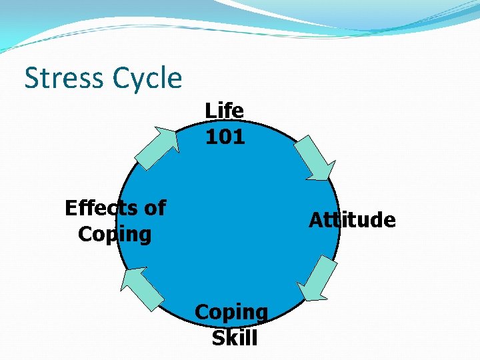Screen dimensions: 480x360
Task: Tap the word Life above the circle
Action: click(x=224, y=110)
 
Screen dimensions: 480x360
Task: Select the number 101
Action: click(x=225, y=137)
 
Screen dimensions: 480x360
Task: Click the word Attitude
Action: click(x=352, y=220)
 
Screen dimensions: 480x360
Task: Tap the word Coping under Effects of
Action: click(x=115, y=235)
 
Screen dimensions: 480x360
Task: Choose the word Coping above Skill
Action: click(x=231, y=311)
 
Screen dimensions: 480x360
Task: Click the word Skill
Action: click(x=234, y=338)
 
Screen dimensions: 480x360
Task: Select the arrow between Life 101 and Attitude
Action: click(x=313, y=157)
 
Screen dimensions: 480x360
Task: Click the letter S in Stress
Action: click(x=31, y=78)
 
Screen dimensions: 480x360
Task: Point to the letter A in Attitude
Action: click(x=315, y=220)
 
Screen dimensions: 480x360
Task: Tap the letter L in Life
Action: click(x=210, y=110)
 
